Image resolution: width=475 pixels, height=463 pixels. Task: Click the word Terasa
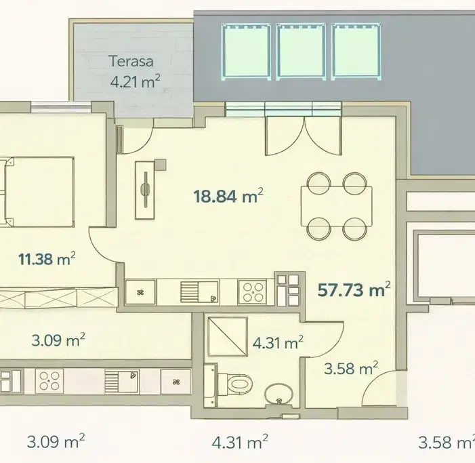click(131, 61)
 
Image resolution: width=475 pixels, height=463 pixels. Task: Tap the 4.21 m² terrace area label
click(135, 81)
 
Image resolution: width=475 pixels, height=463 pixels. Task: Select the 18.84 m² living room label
click(228, 196)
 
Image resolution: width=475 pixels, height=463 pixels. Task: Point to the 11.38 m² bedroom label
click(47, 259)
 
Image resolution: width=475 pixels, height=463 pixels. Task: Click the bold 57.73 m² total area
click(354, 289)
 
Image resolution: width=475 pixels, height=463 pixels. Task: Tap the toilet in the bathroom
click(235, 384)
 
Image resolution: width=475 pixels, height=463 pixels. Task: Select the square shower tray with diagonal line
click(228, 337)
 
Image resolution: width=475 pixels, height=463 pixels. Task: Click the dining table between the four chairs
click(337, 206)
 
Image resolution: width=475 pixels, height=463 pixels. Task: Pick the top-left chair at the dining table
click(318, 184)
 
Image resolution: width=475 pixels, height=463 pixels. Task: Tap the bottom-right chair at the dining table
click(355, 228)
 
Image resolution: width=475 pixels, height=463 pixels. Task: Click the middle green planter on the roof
click(301, 52)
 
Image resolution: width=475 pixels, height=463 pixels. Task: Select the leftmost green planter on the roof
click(246, 52)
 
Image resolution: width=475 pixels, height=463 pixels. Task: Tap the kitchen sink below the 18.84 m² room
click(199, 291)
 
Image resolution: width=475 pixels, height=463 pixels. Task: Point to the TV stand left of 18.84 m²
click(145, 190)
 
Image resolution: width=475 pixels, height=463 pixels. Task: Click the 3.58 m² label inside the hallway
click(351, 369)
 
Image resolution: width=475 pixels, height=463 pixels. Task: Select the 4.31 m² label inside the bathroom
click(278, 343)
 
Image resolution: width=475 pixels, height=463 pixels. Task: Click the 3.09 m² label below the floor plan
click(56, 441)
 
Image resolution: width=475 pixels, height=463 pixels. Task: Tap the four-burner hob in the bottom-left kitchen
click(49, 381)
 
